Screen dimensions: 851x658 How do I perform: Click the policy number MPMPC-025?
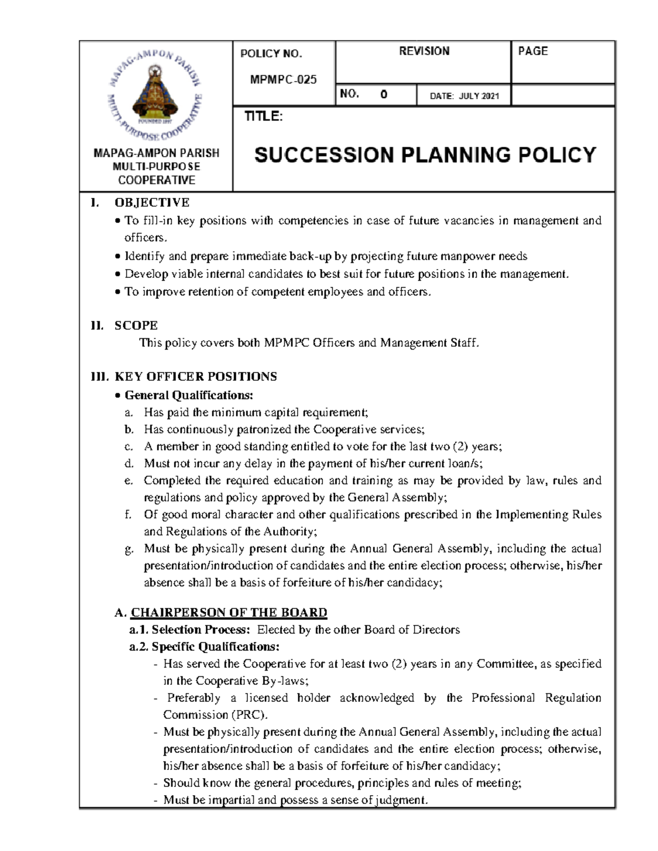(283, 79)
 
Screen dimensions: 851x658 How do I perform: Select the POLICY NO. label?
(271, 54)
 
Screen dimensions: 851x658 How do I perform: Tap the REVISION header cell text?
(424, 51)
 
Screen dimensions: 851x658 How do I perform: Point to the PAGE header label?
(532, 51)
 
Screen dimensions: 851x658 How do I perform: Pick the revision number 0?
(384, 95)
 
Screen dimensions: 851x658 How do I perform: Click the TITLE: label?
(263, 117)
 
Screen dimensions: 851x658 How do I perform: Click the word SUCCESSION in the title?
(324, 155)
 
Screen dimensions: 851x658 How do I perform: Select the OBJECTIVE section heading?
(151, 203)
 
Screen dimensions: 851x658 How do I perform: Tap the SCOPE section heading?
(136, 325)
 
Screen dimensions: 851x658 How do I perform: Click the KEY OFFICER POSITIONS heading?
(195, 376)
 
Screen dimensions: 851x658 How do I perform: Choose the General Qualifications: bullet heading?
(189, 395)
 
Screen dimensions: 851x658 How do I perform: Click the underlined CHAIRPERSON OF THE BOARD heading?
(229, 613)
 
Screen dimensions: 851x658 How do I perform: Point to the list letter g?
(128, 549)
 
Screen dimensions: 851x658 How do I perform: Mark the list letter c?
(128, 447)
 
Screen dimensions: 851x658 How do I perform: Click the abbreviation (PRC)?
(249, 715)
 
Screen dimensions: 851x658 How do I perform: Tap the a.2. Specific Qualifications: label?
(204, 647)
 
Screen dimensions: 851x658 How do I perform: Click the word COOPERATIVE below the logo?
(156, 180)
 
